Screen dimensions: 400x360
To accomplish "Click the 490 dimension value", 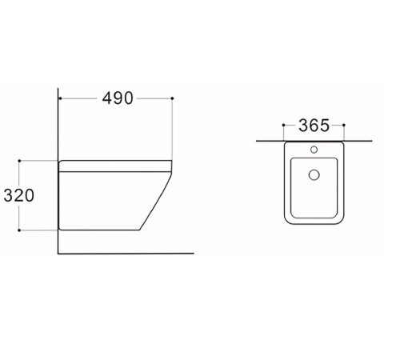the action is (x=118, y=98).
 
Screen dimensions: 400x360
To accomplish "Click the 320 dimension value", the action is (x=19, y=195).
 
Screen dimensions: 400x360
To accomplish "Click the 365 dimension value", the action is (x=314, y=126).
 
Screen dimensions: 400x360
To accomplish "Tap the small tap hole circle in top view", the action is (x=314, y=150).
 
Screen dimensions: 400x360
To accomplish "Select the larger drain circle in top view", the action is (x=314, y=174).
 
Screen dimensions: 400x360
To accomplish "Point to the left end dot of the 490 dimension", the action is (x=60, y=98).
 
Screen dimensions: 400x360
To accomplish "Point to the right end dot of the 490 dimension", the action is (x=172, y=98).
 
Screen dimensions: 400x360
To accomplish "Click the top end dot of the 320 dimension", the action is (x=19, y=161).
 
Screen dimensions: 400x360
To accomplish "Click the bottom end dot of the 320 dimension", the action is (x=19, y=230).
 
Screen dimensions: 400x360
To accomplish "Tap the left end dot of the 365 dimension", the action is (x=283, y=125).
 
